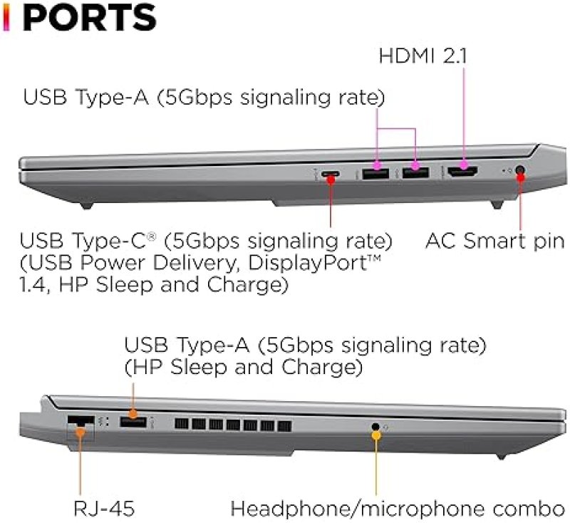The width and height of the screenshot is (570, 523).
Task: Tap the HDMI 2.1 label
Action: click(423, 56)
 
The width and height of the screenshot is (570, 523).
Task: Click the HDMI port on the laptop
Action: click(462, 172)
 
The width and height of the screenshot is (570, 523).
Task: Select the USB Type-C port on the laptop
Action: click(331, 174)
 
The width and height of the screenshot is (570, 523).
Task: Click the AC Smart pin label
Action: click(494, 241)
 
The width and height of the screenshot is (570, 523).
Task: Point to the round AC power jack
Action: click(521, 170)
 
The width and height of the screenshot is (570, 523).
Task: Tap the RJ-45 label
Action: click(104, 508)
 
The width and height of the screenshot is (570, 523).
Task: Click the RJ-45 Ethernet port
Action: click(81, 423)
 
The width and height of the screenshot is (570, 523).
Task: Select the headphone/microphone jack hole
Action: click(376, 426)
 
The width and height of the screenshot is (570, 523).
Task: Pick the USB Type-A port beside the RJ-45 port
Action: click(133, 422)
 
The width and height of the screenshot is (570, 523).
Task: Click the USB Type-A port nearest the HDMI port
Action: click(416, 173)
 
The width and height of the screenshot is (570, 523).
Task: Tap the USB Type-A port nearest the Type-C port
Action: click(376, 173)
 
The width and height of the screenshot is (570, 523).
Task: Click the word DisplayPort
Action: click(309, 263)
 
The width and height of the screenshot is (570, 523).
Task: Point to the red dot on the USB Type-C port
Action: click(331, 180)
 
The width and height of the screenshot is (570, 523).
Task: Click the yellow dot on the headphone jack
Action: click(376, 435)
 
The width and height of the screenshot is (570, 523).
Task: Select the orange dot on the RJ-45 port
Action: click(81, 431)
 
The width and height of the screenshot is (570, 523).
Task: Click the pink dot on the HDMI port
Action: click(465, 165)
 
